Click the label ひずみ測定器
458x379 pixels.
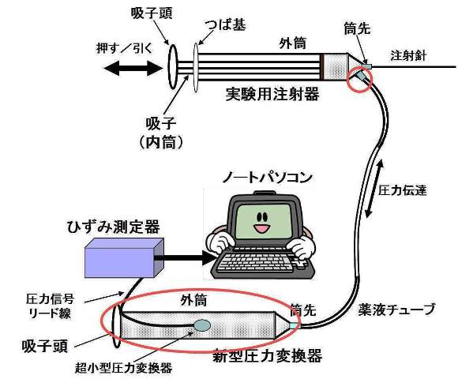click(114, 227)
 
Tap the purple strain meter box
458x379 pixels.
click(124, 257)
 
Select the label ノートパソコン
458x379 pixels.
click(267, 178)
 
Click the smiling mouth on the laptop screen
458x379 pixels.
click(261, 228)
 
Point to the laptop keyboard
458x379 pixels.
click(258, 261)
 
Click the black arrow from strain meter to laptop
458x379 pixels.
click(185, 258)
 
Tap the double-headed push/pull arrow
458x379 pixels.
click(133, 69)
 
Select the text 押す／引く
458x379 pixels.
click(125, 48)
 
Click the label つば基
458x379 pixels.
click(224, 25)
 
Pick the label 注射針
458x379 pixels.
click(409, 55)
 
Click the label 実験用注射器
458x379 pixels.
click(272, 94)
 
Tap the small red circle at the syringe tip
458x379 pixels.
click(359, 79)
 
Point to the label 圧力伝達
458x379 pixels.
click(402, 190)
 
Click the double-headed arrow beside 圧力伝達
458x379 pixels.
click(373, 189)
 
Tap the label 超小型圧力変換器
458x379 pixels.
click(123, 368)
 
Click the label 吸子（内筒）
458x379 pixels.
click(161, 133)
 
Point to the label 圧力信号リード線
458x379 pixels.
click(50, 306)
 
